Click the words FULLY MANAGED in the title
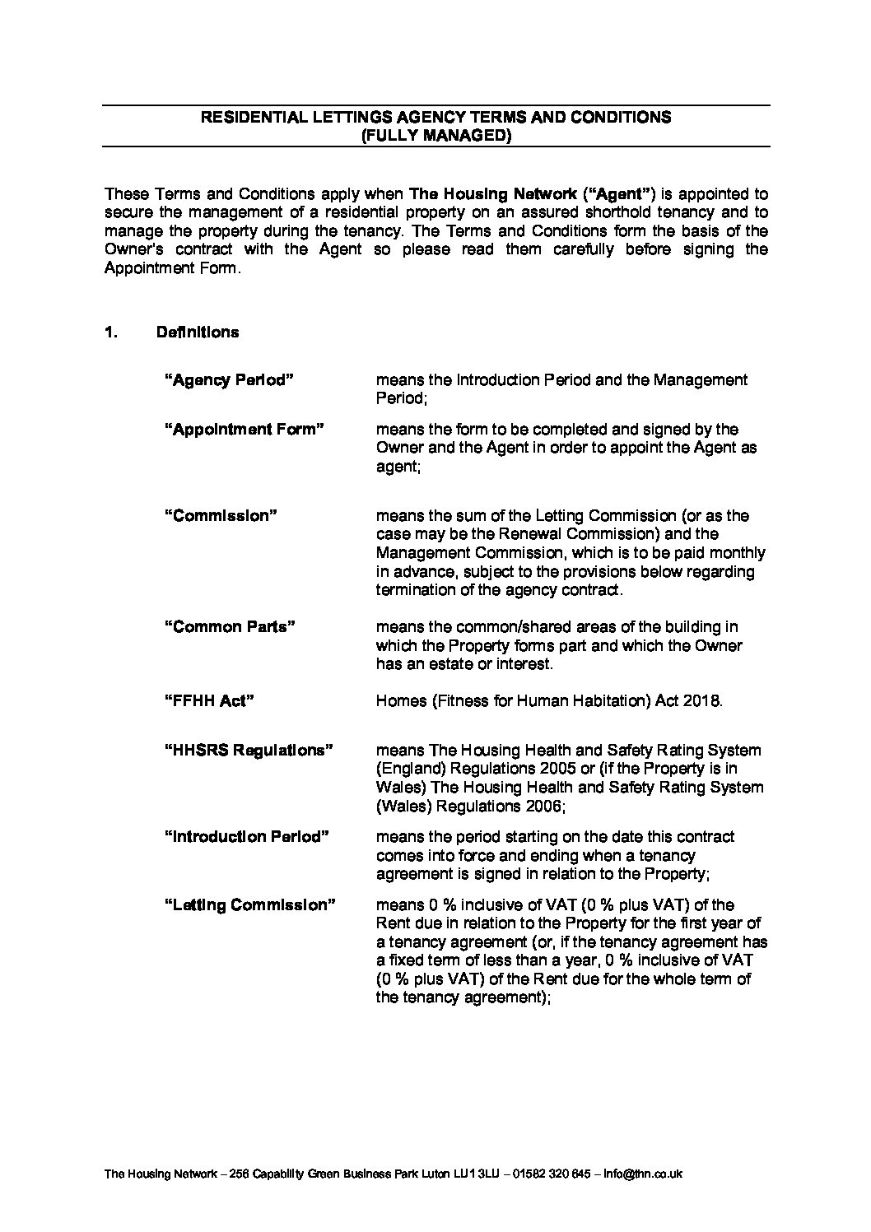tap(436, 136)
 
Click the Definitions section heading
tap(198, 332)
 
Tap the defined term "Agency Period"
tap(230, 380)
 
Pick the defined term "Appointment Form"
tap(245, 430)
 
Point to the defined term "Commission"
tap(221, 516)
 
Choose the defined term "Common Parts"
tap(230, 627)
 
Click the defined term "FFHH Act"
tap(209, 701)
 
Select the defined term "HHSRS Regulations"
tap(249, 751)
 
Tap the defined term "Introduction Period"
tap(247, 837)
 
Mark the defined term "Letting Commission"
tap(249, 905)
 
